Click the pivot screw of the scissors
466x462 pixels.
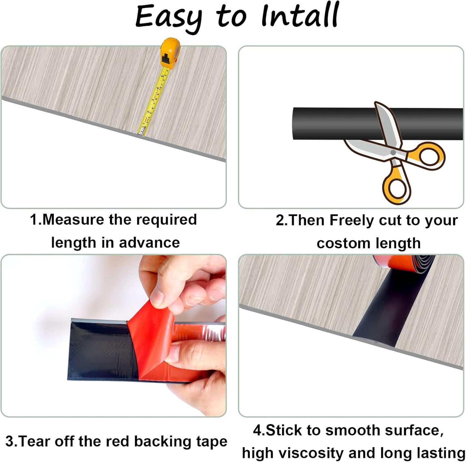tap(393, 152)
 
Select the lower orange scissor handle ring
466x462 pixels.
tap(397, 189)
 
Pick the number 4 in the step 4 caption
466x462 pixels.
tap(257, 431)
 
